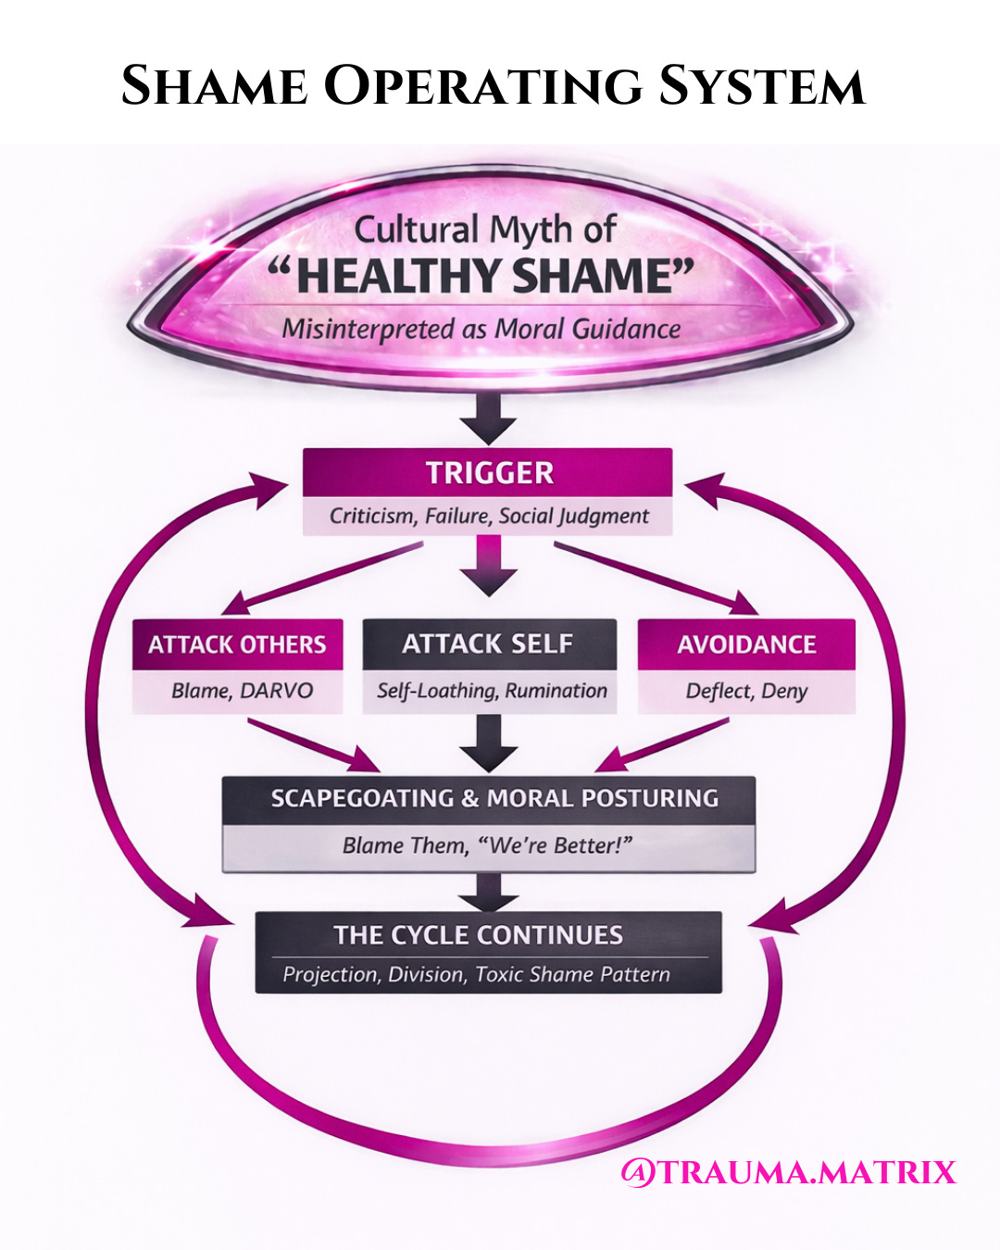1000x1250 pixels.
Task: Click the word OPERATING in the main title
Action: (481, 86)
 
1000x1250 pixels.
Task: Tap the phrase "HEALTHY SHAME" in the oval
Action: (481, 276)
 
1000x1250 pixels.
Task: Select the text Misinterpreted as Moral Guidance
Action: (481, 329)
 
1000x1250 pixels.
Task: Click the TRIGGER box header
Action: (489, 473)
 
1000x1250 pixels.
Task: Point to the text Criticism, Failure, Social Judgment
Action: (489, 516)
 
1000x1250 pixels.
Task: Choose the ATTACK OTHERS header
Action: (237, 644)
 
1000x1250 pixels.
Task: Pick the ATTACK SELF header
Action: (488, 644)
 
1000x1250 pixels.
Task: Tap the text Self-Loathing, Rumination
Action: (492, 691)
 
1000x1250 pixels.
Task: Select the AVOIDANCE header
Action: (746, 644)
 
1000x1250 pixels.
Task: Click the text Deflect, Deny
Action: (746, 691)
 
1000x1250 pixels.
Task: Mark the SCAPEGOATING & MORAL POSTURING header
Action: (494, 798)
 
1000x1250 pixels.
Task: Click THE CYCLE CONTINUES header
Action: (479, 935)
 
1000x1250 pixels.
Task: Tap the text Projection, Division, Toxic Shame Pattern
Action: (476, 974)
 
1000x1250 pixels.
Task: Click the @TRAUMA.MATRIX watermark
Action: (788, 1172)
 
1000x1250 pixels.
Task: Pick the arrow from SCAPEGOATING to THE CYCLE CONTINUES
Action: (489, 892)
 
